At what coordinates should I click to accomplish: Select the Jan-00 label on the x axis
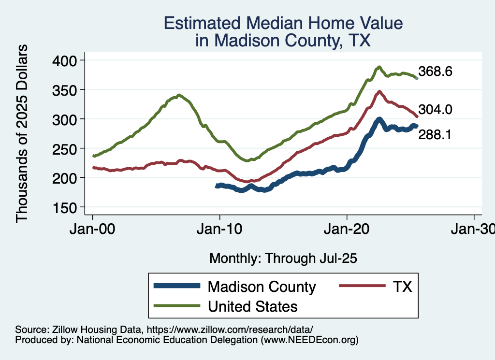pyautogui.click(x=93, y=229)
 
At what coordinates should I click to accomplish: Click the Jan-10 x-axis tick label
pyautogui.click(x=220, y=229)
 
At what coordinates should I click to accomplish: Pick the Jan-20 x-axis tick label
pyautogui.click(x=347, y=229)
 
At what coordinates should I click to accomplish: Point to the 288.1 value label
pyautogui.click(x=435, y=136)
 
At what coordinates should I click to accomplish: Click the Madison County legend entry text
pyautogui.click(x=262, y=287)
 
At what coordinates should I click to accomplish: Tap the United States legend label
pyautogui.click(x=252, y=306)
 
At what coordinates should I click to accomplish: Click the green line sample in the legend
pyautogui.click(x=176, y=306)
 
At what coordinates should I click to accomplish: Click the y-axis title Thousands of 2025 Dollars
pyautogui.click(x=22, y=133)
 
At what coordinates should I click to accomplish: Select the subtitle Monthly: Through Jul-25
pyautogui.click(x=283, y=259)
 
